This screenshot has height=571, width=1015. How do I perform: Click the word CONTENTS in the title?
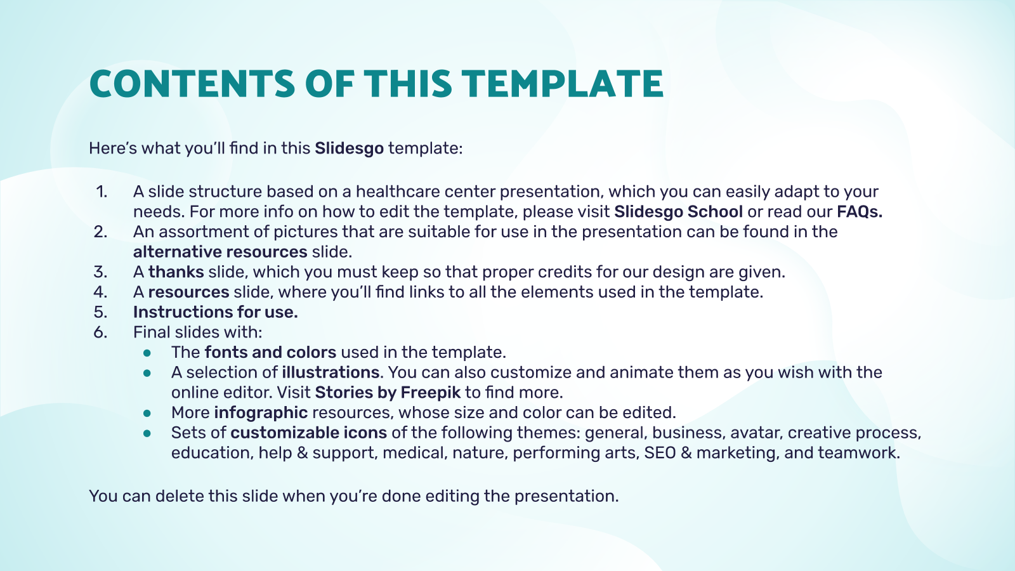click(x=192, y=84)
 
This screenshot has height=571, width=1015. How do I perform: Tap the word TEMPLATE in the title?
click(x=562, y=84)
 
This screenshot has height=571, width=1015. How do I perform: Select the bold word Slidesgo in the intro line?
click(x=350, y=148)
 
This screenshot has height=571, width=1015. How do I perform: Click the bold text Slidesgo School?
click(x=678, y=212)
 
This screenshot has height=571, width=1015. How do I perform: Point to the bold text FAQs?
click(x=860, y=212)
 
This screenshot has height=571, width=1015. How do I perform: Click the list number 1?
click(x=101, y=192)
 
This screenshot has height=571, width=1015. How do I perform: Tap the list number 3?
click(x=101, y=272)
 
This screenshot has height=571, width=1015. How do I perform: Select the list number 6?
click(x=101, y=332)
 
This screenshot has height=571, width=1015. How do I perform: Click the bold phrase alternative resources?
click(x=220, y=252)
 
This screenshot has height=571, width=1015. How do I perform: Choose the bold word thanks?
click(x=176, y=272)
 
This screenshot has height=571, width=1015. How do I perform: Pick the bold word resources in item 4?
click(x=188, y=292)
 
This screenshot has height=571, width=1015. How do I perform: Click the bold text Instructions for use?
click(x=215, y=312)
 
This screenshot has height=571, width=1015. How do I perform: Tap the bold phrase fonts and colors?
click(x=270, y=352)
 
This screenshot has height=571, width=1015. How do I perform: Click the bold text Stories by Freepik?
click(x=388, y=393)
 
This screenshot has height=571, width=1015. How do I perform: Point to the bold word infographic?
click(x=261, y=413)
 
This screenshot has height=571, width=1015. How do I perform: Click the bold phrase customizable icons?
click(x=308, y=433)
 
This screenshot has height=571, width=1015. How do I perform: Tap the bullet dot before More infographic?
click(x=147, y=413)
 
